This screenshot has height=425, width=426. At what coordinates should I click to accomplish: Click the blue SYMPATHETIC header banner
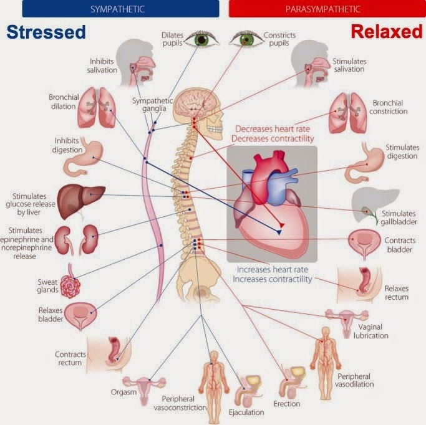pos(120,9)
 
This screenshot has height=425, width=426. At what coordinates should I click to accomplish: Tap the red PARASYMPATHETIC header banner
pos(327,9)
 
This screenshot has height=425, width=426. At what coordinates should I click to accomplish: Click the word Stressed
pos(46,32)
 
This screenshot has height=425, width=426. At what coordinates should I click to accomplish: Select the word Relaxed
pos(387,32)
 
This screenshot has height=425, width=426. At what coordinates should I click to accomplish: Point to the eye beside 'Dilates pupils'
pos(201,40)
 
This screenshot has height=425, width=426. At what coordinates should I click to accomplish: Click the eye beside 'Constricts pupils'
pos(246,40)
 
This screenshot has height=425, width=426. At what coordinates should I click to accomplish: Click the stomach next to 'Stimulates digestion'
pos(364,163)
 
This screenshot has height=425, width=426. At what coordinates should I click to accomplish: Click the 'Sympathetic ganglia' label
pos(152,105)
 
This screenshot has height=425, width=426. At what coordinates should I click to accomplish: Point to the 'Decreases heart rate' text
pos(273,128)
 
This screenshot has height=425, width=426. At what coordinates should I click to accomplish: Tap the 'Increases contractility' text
pos(272,279)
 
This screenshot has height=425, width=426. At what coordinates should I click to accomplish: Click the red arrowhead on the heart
pos(282,225)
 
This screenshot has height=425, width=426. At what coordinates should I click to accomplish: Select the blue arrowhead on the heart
pos(279,232)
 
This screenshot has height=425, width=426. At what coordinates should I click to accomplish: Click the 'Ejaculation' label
pos(246,413)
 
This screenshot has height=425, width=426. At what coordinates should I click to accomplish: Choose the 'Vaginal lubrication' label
pos(371,331)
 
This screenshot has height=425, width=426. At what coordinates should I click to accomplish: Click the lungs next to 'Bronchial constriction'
pos(348,113)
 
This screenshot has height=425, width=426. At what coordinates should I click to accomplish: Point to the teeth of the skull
pos(215,128)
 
